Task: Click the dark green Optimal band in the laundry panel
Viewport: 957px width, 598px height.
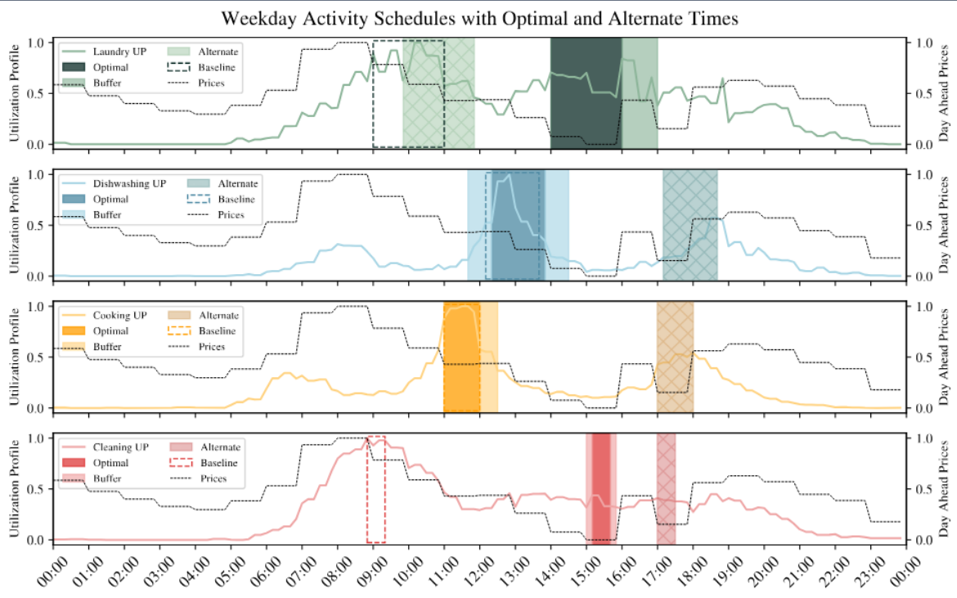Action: (x=586, y=93)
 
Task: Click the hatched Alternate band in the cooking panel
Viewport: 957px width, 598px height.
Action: (x=675, y=357)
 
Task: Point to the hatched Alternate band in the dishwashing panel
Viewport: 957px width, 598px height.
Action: (x=690, y=224)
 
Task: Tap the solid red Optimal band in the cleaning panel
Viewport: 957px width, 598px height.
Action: (x=602, y=487)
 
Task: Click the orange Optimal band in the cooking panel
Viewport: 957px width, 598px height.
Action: (x=461, y=357)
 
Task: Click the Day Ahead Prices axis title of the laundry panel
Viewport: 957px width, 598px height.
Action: (x=944, y=92)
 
